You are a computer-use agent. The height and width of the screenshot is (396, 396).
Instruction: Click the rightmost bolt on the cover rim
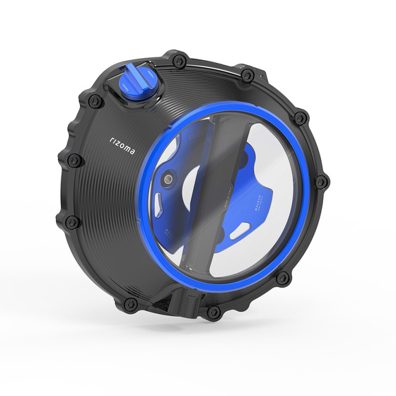point(322,182)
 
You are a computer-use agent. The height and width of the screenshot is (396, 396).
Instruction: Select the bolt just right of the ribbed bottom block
point(212,312)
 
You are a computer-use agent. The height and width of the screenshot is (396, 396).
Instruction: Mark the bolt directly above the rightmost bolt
point(300,117)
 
